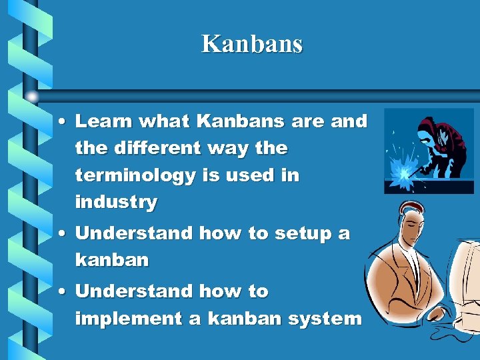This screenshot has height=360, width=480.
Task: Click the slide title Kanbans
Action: click(252, 44)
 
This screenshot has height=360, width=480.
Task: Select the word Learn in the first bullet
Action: click(99, 121)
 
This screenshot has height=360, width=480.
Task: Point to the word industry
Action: click(116, 202)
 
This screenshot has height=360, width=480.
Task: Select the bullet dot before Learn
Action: click(61, 122)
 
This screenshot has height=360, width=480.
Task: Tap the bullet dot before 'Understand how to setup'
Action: click(61, 234)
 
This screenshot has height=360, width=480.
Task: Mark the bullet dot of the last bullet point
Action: click(61, 292)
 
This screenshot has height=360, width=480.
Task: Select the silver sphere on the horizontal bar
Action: click(33, 97)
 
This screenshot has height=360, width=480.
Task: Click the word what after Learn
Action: click(159, 121)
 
